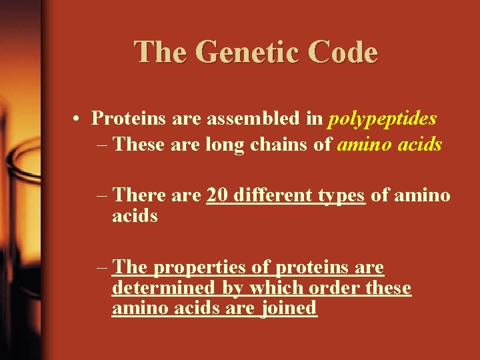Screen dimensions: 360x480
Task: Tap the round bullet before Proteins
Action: (78, 119)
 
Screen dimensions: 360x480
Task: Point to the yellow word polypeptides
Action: (382, 119)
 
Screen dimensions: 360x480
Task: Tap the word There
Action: (141, 195)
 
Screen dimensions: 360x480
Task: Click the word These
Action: (138, 145)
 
